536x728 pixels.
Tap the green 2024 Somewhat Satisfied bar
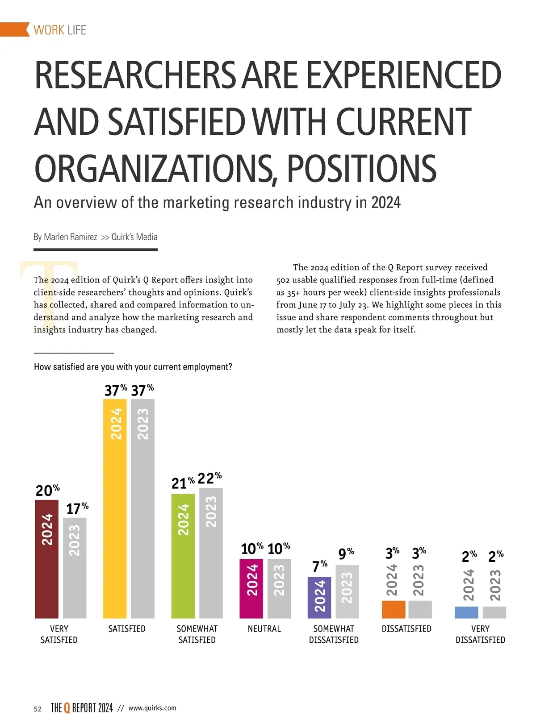183,556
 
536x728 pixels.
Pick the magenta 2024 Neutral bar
251,588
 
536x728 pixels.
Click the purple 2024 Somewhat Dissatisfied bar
319,597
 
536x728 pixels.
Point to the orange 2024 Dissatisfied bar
394,609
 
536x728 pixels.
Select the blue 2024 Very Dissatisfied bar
466,612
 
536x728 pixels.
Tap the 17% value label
77,508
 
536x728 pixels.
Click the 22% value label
209,478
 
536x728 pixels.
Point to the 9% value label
346,553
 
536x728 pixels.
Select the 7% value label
320,566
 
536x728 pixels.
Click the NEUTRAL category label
264,628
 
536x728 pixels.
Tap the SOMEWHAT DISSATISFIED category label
334,634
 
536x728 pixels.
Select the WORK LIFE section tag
60,30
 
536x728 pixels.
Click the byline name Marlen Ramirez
70,237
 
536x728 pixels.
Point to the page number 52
38,709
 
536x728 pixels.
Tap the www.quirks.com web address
152,708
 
